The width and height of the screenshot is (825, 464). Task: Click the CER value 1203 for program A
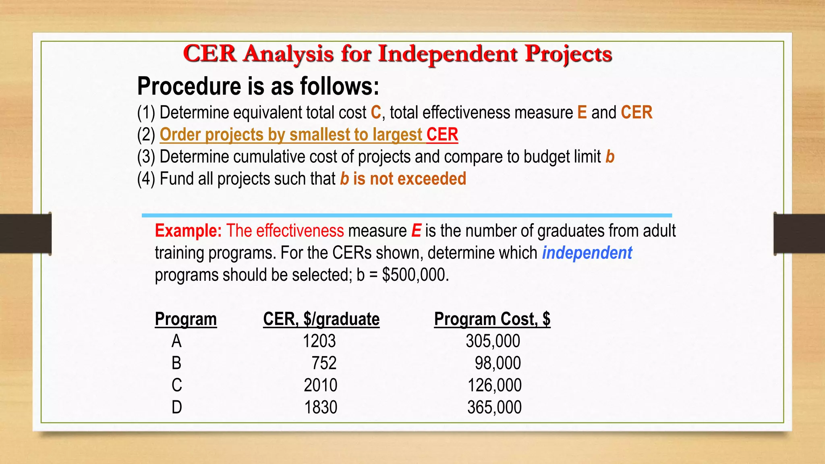319,341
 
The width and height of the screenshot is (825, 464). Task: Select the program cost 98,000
497,363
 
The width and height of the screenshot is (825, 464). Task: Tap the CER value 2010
320,385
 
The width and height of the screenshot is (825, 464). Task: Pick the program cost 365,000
494,407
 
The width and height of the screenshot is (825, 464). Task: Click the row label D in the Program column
176,407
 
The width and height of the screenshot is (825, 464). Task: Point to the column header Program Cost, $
492,319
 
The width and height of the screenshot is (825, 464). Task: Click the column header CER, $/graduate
321,319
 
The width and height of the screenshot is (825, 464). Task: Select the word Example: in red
188,231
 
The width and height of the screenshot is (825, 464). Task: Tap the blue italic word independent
587,253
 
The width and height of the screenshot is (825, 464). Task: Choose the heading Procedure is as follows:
258,86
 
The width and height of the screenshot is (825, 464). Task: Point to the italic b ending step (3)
610,157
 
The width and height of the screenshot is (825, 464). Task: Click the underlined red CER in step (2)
442,135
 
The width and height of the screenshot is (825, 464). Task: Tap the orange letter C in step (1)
375,112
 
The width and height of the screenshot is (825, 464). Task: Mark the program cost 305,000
493,341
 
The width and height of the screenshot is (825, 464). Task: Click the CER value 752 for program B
324,363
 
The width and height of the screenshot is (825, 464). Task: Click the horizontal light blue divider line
407,215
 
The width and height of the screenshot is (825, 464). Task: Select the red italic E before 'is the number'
416,231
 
